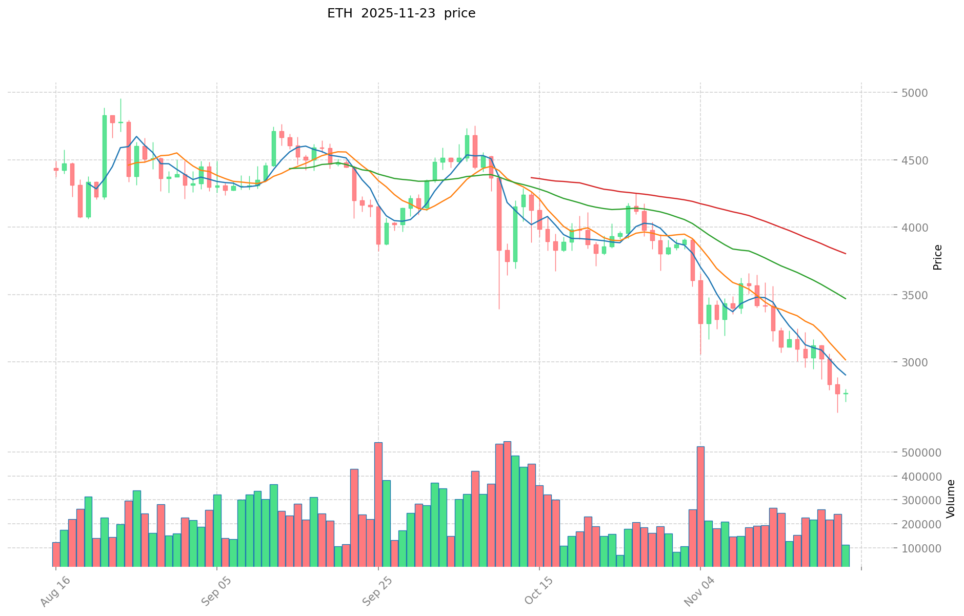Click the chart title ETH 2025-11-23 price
(x=401, y=13)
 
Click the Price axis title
(x=938, y=257)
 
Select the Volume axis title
(x=951, y=498)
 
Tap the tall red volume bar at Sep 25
(x=378, y=504)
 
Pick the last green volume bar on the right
(x=845, y=556)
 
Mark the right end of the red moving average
(x=845, y=254)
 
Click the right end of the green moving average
(x=845, y=298)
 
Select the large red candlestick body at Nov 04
(x=700, y=302)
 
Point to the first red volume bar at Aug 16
(x=56, y=554)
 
